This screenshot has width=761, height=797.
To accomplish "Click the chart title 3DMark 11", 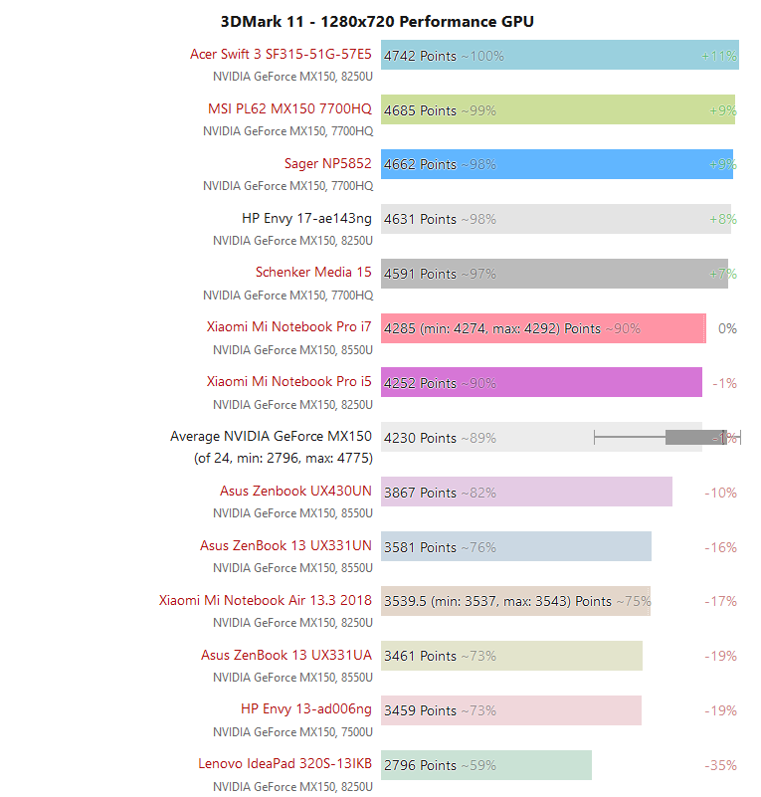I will (x=377, y=21).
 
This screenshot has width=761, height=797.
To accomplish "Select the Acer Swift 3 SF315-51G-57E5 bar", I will (x=559, y=56).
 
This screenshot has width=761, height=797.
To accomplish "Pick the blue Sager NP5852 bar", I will (x=556, y=164).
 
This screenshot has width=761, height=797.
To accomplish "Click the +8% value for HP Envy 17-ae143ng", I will (x=722, y=219).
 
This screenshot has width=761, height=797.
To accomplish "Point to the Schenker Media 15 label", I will (x=313, y=272).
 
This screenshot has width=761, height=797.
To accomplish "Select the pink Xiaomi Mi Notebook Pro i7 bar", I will (x=542, y=328).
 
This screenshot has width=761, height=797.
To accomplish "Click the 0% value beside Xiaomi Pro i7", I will (x=727, y=328).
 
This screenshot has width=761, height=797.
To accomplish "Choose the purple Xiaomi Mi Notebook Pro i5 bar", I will (x=541, y=383).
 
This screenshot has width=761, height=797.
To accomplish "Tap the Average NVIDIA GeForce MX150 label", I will (x=271, y=436).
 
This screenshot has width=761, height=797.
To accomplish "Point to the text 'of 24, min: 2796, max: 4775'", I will (x=283, y=459).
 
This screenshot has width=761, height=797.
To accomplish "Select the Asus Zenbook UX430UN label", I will (x=295, y=491).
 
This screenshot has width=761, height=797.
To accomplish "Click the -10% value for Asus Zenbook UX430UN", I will (x=720, y=493).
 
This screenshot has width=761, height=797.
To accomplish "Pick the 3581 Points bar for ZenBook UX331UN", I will (x=515, y=546).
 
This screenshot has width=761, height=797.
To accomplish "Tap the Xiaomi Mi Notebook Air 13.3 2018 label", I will (x=265, y=600).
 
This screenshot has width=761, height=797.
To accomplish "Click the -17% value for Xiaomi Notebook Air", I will (x=720, y=601).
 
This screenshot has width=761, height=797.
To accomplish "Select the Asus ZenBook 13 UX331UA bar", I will (x=511, y=656).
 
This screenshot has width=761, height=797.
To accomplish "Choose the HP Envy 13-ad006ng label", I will (x=306, y=709).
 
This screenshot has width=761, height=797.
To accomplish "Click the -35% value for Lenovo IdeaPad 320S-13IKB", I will (x=720, y=765).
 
